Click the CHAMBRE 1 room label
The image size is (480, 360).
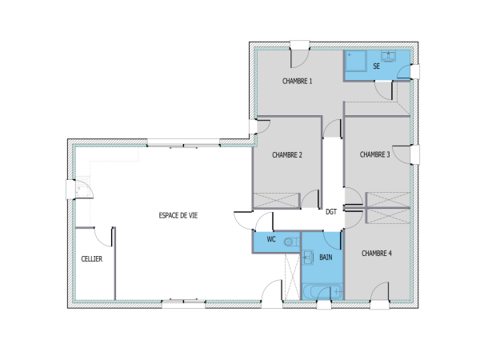pyautogui.click(x=297, y=82)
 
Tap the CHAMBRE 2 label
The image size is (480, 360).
pyautogui.click(x=286, y=155)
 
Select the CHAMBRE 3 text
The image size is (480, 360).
pyautogui.click(x=374, y=154)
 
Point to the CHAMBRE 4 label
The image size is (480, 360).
pyautogui.click(x=376, y=254)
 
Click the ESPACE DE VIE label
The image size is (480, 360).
pyautogui.click(x=178, y=216)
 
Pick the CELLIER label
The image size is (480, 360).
pyautogui.click(x=92, y=259)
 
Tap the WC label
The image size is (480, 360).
pyautogui.click(x=271, y=240)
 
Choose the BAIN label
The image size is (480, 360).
pyautogui.click(x=326, y=258)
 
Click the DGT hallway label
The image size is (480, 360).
pyautogui.click(x=331, y=212)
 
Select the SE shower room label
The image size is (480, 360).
pyautogui.click(x=376, y=66)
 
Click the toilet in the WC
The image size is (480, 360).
pyautogui.click(x=289, y=241)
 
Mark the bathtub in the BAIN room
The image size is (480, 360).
pyautogui.click(x=322, y=290)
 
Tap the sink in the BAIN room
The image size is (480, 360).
pyautogui.click(x=308, y=257)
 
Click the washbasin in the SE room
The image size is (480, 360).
pyautogui.click(x=389, y=57)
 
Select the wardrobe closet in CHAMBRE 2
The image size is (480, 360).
pyautogui.click(x=276, y=201)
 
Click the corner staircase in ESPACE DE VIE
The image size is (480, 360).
pyautogui.click(x=82, y=189)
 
